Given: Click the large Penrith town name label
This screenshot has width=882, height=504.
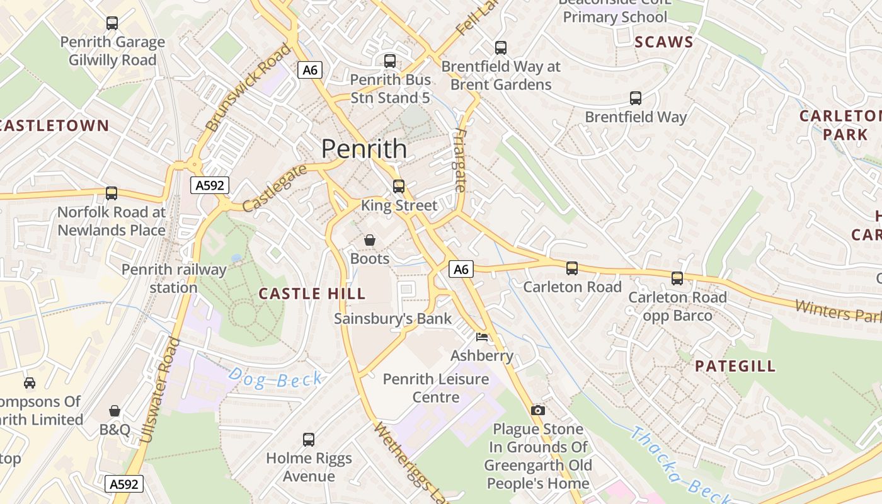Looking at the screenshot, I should point(364,149).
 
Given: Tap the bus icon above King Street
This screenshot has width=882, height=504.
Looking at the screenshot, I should point(398,186).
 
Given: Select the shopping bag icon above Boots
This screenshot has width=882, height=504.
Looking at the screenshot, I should point(370,240).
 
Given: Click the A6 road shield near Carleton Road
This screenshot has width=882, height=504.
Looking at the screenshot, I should point(461,270).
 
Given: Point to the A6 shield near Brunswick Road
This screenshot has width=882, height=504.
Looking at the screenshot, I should point(310,70).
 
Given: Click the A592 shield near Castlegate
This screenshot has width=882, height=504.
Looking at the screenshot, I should point(209,185).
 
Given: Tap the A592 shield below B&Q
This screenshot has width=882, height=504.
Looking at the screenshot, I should point(123,484).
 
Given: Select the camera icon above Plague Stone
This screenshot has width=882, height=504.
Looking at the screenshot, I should point(537,411).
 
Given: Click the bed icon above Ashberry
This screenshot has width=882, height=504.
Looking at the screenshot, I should point(482,337).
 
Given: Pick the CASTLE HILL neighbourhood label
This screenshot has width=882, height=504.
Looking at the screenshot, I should point(312,294).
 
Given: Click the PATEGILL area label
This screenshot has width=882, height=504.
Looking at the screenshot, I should point(735,367).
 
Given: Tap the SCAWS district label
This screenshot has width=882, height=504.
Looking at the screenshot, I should point(663,43).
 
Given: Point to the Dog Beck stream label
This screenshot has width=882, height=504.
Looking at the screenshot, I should point(276,379).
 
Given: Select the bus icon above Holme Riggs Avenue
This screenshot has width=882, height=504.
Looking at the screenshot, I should point(309,439).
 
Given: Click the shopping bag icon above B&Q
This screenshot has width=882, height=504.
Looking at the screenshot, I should point(115,411).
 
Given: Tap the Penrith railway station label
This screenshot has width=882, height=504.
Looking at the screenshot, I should point(173,278).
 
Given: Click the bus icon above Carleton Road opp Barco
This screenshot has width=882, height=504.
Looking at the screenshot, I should point(677,278).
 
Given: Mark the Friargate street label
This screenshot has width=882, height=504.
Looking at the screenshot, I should point(460,161).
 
